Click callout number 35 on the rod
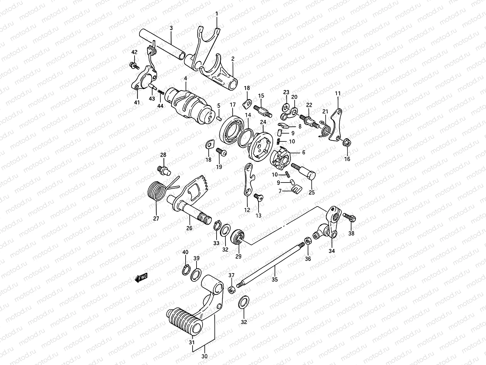pyautogui.click(x=275, y=279)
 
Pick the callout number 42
pyautogui.click(x=134, y=52)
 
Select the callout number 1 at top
pyautogui.click(x=217, y=13)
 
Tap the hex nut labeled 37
pyautogui.click(x=231, y=289)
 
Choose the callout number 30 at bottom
pyautogui.click(x=204, y=356)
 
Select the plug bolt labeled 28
pyautogui.click(x=163, y=170)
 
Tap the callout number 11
pyautogui.click(x=338, y=93)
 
